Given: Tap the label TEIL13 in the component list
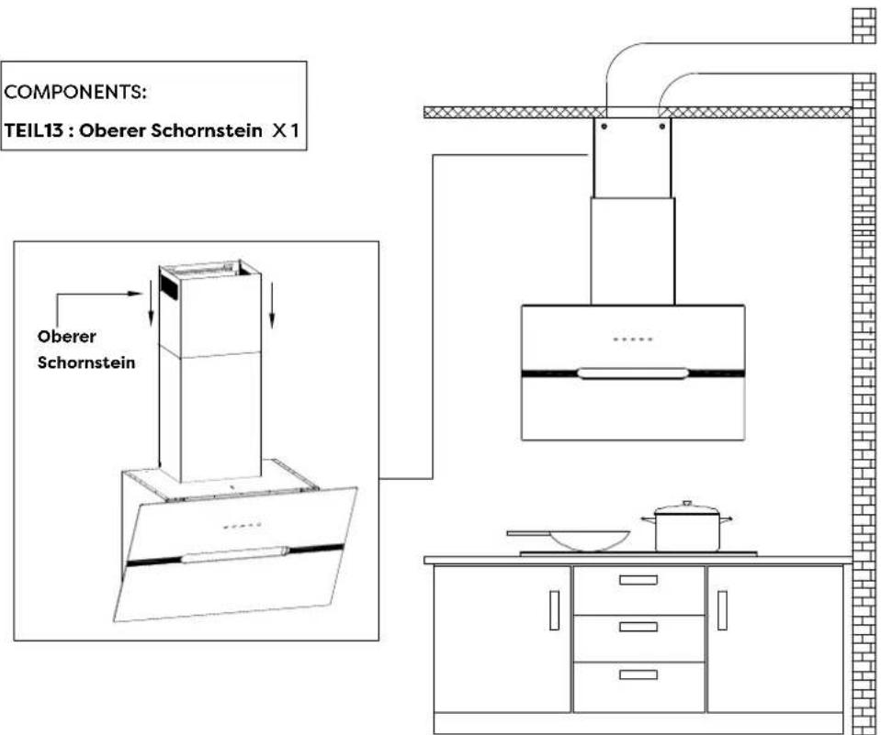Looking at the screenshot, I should point(40,132).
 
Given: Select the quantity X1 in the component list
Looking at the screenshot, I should point(285,132).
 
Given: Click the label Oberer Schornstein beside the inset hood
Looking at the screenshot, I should point(86,350).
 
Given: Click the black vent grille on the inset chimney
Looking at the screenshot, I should point(168,284).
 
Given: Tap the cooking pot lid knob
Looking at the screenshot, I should point(686,505).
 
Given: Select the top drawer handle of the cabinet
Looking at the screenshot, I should point(638,580).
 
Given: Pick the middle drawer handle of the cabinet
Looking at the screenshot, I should point(638,627).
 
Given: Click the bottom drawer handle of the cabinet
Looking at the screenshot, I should point(638,674).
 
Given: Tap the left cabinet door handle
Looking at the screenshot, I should point(554,610).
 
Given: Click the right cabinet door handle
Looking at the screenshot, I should point(722,610).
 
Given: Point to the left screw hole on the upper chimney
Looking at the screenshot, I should point(603,127).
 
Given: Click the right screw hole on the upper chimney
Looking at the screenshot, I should point(661,127).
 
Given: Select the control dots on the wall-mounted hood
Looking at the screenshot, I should point(633,340).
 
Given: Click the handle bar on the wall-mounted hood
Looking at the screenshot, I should point(633,373).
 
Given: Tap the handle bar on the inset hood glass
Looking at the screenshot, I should point(235,554).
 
